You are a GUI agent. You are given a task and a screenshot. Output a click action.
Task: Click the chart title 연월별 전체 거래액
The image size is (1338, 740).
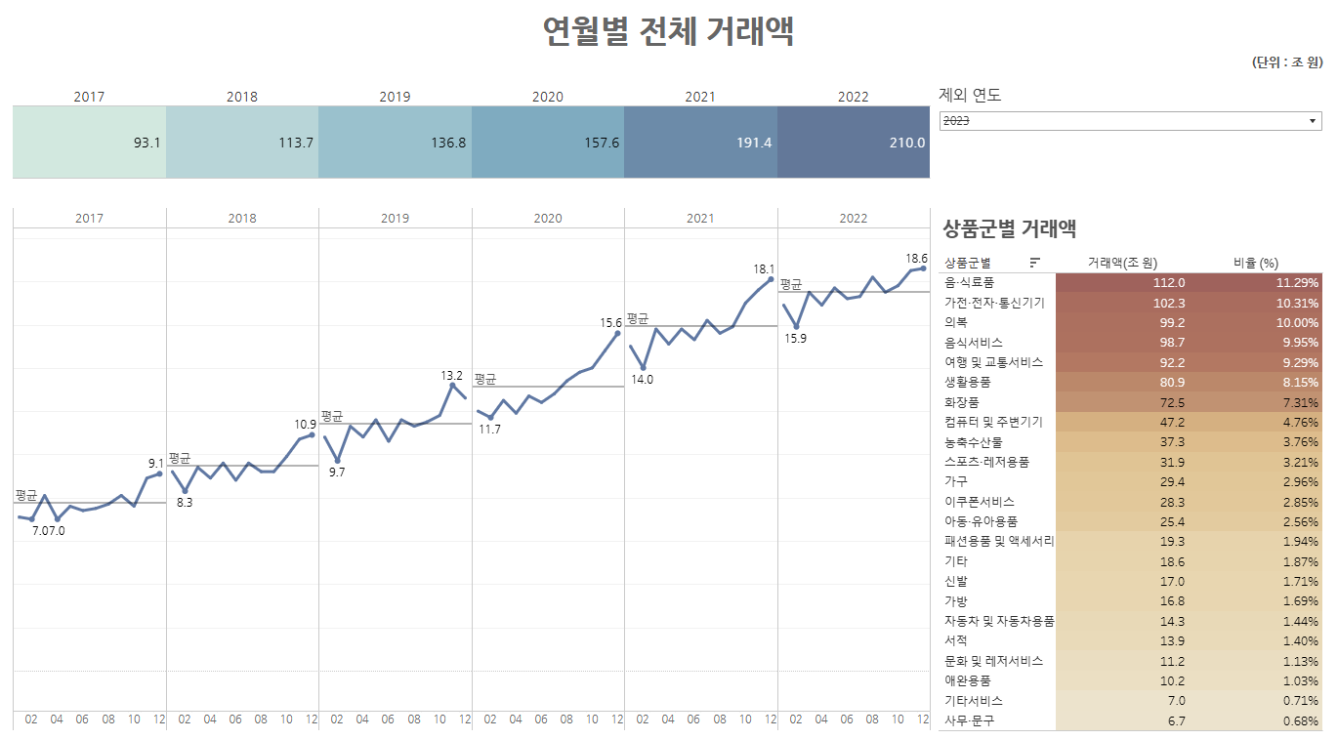pos(668,32)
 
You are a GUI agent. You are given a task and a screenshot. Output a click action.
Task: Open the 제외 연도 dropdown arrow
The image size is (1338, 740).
pos(1313,121)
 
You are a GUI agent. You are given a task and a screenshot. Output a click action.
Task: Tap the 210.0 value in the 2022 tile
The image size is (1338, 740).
pos(907,143)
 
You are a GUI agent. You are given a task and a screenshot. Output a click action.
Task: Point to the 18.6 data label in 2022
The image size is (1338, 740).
pos(916,259)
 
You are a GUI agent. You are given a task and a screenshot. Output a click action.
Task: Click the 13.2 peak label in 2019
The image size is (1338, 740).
pos(452,375)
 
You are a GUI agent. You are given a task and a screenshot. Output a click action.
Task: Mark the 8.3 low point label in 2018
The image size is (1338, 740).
pos(185,503)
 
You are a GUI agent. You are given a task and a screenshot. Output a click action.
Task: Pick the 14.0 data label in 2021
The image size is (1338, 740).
pos(642,380)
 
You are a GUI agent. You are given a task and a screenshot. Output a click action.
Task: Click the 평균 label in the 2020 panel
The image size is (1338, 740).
pos(485,379)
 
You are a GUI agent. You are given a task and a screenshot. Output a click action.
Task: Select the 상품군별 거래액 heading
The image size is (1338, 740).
pos(1010,229)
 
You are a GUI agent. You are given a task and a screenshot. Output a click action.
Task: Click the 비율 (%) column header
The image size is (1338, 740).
pos(1256,263)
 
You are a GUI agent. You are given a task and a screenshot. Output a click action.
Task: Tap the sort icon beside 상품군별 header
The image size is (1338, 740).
pos(1035,263)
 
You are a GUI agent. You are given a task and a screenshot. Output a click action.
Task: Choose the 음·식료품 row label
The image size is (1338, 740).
pos(969,282)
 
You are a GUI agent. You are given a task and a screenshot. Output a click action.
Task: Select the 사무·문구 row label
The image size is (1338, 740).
pos(969,720)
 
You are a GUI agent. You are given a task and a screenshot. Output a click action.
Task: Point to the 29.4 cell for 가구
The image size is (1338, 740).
pos(1172,482)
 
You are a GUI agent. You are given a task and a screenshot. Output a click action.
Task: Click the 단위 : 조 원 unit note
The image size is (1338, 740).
pos(1287,62)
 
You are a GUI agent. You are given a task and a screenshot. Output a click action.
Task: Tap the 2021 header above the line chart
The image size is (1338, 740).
pos(700,219)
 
